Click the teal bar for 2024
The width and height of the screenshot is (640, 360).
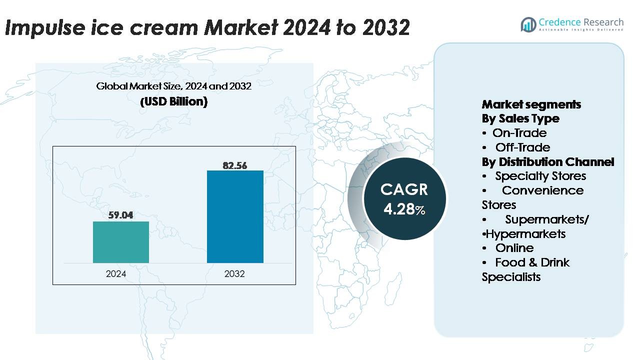pyautogui.click(x=121, y=242)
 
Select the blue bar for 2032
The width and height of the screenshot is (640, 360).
pyautogui.click(x=235, y=216)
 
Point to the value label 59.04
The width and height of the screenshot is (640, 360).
pyautogui.click(x=121, y=215)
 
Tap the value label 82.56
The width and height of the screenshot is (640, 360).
pyautogui.click(x=235, y=165)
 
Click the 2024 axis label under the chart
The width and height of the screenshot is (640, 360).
pyautogui.click(x=116, y=274)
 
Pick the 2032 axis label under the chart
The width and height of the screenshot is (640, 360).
pyautogui.click(x=234, y=274)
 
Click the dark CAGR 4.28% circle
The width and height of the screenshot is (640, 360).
pyautogui.click(x=404, y=198)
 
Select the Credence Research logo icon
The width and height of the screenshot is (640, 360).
pyautogui.click(x=528, y=24)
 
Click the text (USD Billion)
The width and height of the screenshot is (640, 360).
pyautogui.click(x=173, y=101)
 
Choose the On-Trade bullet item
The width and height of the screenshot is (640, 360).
pyautogui.click(x=519, y=133)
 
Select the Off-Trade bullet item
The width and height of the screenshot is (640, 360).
pyautogui.click(x=522, y=147)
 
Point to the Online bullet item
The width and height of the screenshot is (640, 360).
pyautogui.click(x=514, y=248)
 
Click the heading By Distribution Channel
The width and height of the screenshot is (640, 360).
pyautogui.click(x=548, y=162)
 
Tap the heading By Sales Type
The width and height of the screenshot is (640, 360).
pyautogui.click(x=520, y=118)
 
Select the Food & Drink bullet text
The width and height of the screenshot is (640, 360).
pyautogui.click(x=532, y=262)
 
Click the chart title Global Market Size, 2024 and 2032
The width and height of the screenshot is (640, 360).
pyautogui.click(x=173, y=86)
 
